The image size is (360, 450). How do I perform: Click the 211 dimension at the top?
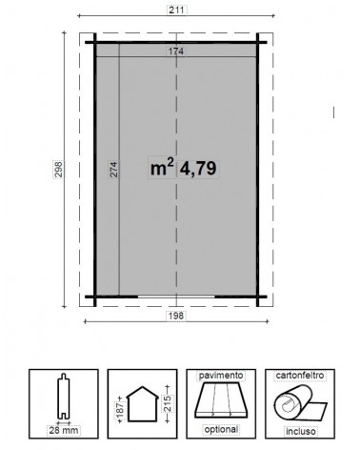(175, 12)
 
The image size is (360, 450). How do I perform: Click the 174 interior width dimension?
(175, 50)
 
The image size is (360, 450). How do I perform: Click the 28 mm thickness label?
(64, 432)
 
